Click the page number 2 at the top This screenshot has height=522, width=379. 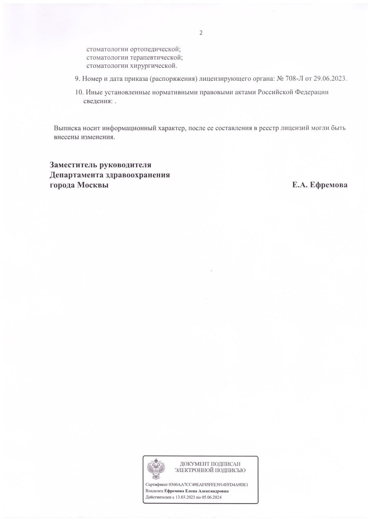[201, 33]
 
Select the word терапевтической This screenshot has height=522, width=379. [156, 58]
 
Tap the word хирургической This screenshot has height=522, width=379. [153, 66]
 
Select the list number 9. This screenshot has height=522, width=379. [77, 78]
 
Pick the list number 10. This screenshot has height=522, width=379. [79, 92]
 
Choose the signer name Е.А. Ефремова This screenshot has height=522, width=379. [320, 185]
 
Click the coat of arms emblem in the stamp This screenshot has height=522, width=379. [156, 469]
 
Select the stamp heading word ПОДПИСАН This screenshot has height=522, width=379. [226, 464]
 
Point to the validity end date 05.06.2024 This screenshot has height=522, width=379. [212, 498]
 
